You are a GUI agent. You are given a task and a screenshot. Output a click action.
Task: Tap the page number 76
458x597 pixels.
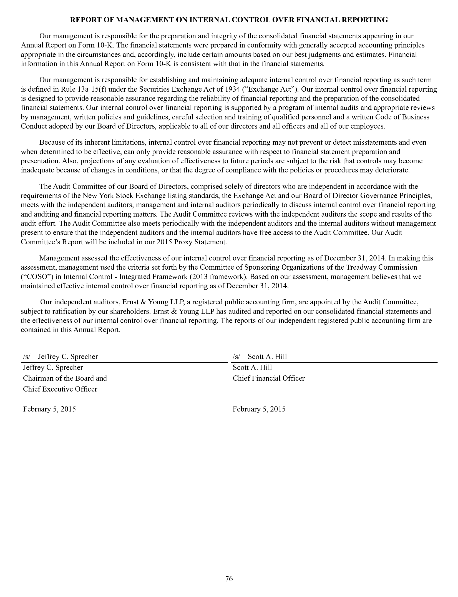coord(229,578)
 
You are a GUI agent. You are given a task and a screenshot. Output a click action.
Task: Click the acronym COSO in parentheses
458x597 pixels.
coord(33,277)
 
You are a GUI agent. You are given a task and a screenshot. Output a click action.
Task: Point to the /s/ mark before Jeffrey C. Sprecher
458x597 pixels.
coord(27,357)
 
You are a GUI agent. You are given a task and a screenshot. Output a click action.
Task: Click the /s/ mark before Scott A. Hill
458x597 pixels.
coord(236,357)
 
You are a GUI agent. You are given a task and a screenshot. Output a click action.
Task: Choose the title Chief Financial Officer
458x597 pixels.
coord(269,378)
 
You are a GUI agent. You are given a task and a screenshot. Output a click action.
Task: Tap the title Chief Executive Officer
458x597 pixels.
coord(60,389)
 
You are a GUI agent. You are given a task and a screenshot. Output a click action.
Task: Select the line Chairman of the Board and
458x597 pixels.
coord(65,378)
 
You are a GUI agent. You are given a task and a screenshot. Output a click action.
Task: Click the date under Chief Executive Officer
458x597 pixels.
coord(49,409)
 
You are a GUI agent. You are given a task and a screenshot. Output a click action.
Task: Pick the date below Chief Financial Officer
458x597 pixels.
coord(259,409)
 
